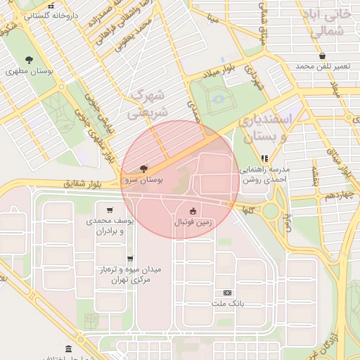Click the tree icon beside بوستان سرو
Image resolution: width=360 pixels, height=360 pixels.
(144, 169)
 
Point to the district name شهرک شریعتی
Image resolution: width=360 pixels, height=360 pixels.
(148, 103)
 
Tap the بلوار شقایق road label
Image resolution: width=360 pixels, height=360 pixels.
(82, 184)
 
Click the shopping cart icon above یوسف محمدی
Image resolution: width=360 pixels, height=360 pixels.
(110, 210)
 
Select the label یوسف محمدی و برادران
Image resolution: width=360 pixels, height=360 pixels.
(105, 226)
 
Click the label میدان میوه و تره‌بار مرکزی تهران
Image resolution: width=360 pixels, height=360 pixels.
(129, 274)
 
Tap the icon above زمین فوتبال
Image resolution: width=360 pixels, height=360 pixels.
(193, 211)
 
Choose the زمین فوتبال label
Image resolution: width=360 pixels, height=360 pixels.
(193, 222)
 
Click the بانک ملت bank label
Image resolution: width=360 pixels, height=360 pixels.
(226, 304)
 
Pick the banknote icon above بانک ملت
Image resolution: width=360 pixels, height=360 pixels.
(226, 292)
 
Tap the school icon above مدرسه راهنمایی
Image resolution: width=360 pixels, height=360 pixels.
(264, 159)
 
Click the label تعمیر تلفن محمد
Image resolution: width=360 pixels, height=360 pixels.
(322, 66)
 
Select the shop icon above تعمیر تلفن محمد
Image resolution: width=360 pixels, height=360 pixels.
(322, 56)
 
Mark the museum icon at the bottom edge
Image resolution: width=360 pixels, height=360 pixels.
(68, 349)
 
